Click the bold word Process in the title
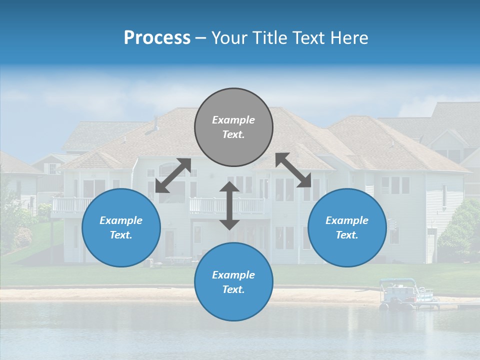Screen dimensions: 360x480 click(x=157, y=38)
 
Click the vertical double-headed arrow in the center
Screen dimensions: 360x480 click(x=229, y=205)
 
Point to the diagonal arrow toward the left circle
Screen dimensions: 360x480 click(x=173, y=175)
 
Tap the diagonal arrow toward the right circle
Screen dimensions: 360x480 click(x=293, y=170)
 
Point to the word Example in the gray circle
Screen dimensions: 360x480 click(x=233, y=120)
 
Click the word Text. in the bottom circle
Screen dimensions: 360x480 click(x=233, y=289)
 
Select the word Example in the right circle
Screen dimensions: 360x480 click(x=347, y=220)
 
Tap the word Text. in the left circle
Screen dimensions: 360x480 click(x=121, y=235)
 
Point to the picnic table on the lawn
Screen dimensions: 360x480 click(x=178, y=260)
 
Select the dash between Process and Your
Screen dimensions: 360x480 click(x=201, y=38)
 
